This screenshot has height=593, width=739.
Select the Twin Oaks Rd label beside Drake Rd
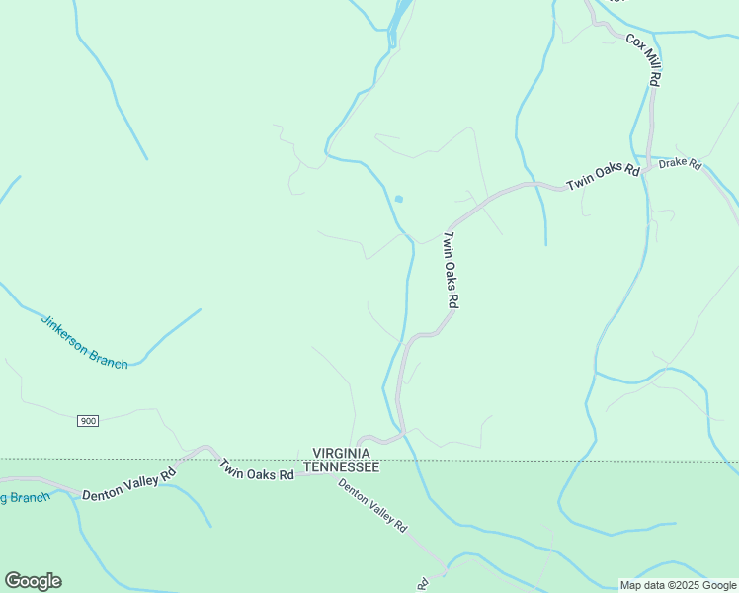click(603, 177)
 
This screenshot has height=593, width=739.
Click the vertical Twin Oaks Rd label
click(451, 271)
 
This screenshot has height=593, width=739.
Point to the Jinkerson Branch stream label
click(84, 342)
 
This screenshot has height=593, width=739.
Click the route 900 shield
click(88, 421)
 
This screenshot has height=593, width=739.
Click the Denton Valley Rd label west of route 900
click(128, 483)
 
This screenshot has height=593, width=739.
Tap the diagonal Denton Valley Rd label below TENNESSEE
click(372, 506)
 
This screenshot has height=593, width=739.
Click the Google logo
click(33, 581)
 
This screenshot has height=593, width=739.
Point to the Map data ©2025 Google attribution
click(678, 585)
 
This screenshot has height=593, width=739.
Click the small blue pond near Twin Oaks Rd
click(399, 199)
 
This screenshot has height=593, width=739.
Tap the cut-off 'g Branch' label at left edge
click(24, 497)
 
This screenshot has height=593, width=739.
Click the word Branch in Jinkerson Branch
click(109, 358)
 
